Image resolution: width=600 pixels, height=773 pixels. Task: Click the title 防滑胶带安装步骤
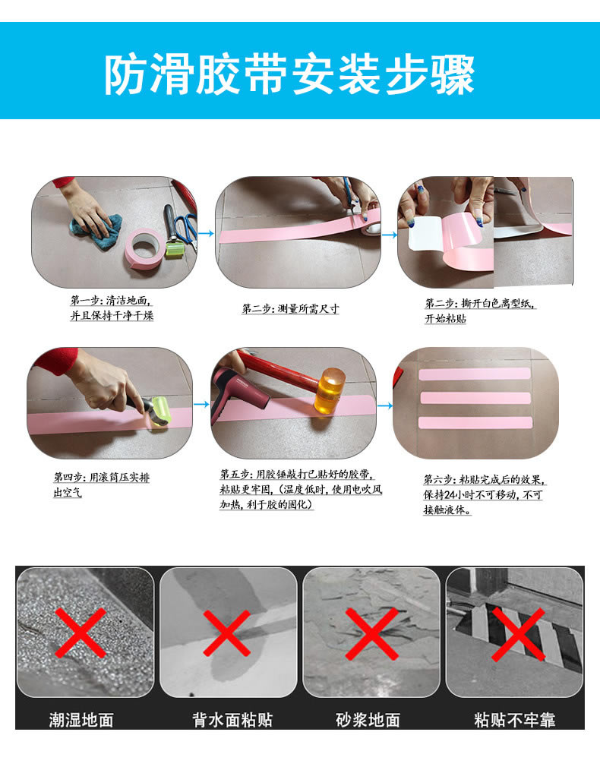tap(289, 74)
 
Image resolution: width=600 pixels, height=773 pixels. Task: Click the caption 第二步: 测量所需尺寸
tap(290, 309)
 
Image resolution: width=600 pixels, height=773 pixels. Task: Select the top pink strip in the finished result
tap(474, 374)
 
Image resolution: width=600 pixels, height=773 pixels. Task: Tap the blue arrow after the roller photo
tap(201, 404)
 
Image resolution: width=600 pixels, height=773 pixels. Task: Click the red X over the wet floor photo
tap(81, 633)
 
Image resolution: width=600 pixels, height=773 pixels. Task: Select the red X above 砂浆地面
tap(371, 634)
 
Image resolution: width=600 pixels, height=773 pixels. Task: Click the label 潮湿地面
tap(81, 721)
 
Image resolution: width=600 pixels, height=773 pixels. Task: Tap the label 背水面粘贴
tap(232, 721)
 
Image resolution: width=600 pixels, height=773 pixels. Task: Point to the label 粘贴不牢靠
tap(515, 721)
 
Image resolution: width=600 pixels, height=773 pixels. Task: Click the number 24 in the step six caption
tap(450, 495)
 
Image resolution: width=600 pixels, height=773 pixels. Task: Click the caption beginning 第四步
tap(102, 485)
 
